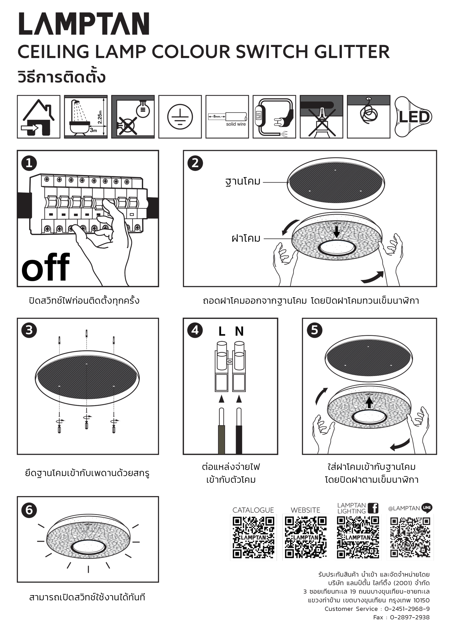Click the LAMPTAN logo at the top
(84, 24)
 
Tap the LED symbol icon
(413, 117)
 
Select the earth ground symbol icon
(180, 117)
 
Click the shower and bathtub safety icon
(86, 117)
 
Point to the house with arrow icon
(38, 117)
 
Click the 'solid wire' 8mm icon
(227, 117)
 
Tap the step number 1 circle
(29, 163)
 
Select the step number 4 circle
(195, 330)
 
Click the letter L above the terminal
(222, 331)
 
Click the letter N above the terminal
(239, 331)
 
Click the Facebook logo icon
(373, 508)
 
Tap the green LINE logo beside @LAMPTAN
(427, 507)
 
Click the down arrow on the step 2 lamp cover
(337, 232)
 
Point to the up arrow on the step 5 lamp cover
(369, 402)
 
